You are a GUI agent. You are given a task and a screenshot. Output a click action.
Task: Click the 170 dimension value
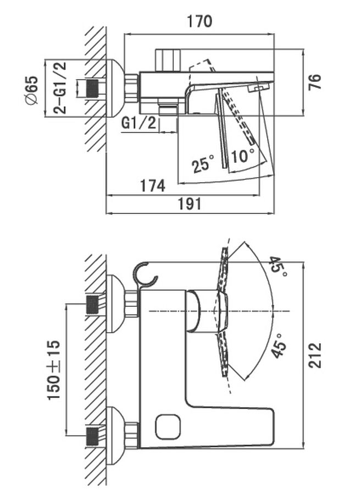click(200, 21)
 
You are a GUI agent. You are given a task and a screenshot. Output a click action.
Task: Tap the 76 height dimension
click(314, 82)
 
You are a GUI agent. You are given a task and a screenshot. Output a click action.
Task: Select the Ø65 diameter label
click(31, 90)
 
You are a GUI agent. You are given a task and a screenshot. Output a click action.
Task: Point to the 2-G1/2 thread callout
click(59, 87)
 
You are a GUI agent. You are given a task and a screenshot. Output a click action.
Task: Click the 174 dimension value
click(153, 186)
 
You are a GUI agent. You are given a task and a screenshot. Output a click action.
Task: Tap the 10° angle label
click(242, 156)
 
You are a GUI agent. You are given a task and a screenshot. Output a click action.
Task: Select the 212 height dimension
click(314, 355)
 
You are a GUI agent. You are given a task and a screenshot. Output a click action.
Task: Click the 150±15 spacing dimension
click(54, 370)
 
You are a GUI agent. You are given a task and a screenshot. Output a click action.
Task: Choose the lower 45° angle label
click(279, 345)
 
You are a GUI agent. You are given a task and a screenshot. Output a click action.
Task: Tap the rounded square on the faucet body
click(168, 426)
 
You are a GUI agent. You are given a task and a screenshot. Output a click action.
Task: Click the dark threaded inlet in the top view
click(92, 88)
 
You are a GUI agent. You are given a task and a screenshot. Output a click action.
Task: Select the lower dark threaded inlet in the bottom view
click(92, 436)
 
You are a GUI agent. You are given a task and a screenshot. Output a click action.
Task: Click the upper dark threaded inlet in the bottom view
click(92, 305)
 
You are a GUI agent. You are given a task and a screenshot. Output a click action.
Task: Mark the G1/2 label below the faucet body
click(139, 123)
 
